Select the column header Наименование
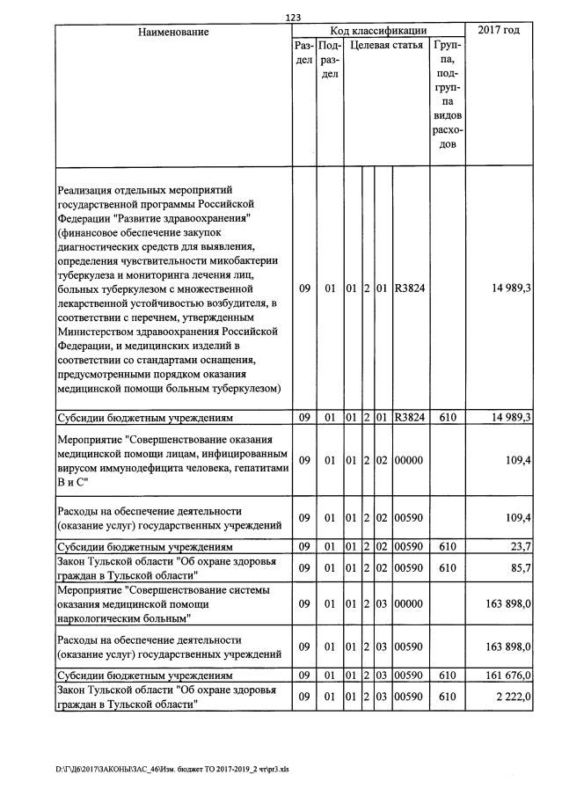172,32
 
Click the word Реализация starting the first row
90,189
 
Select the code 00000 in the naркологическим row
410,604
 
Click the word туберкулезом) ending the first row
245,387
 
